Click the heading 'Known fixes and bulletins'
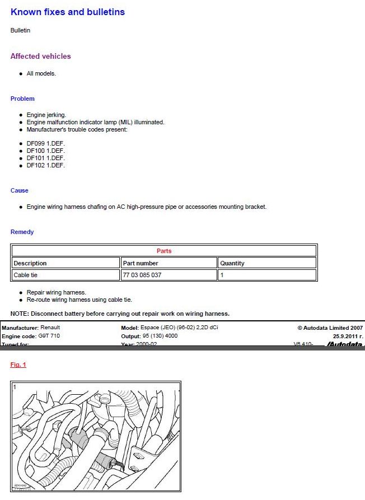click(68, 12)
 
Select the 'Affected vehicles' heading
click(41, 56)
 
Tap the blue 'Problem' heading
click(22, 99)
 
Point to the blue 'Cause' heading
click(20, 190)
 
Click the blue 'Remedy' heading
click(22, 232)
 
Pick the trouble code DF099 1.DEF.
click(46, 144)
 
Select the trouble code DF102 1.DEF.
click(46, 165)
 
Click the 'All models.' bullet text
click(41, 73)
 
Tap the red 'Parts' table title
click(164, 251)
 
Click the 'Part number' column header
click(141, 263)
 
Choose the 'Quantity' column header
click(232, 263)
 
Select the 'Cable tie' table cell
click(26, 275)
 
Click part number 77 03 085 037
click(142, 275)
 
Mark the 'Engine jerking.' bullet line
click(46, 115)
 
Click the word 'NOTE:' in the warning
click(20, 314)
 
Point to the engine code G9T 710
click(49, 336)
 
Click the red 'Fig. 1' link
click(18, 365)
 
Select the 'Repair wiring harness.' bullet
click(57, 292)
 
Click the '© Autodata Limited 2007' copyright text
click(330, 328)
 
